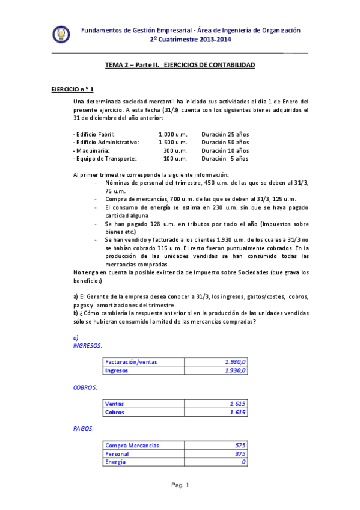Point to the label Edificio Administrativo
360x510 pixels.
tap(106, 142)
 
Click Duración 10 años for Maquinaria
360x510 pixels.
tap(225, 150)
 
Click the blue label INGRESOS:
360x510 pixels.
tap(87, 346)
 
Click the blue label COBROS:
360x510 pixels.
tap(85, 387)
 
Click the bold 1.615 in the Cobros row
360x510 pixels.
tap(238, 413)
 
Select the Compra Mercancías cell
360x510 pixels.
tap(132, 446)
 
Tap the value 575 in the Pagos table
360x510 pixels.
tap(240, 446)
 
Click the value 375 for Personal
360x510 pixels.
tap(240, 454)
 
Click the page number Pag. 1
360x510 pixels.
tap(180, 485)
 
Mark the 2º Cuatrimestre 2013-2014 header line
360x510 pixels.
tap(191, 40)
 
